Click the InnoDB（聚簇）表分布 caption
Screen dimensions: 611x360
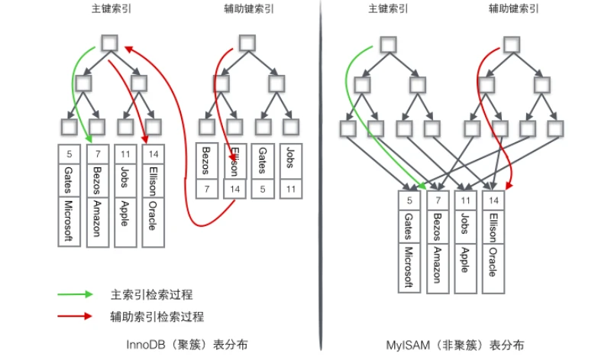click(x=186, y=345)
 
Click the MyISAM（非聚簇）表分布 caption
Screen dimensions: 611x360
click(x=454, y=345)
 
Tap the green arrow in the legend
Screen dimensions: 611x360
click(x=75, y=294)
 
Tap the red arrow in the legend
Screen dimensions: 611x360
click(x=75, y=316)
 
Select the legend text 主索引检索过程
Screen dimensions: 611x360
click(x=151, y=294)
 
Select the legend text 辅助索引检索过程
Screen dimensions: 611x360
click(x=157, y=316)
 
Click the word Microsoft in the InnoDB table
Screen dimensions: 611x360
click(x=69, y=221)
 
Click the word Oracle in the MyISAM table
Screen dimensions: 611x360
click(x=493, y=261)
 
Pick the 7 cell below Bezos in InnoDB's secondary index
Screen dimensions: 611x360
click(x=206, y=189)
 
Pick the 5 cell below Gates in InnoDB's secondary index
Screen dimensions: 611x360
click(x=263, y=189)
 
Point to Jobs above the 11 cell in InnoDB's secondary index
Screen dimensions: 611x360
click(x=291, y=157)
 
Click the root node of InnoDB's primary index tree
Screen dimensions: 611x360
click(x=109, y=43)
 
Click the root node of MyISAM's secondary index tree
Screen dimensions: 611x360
click(x=512, y=44)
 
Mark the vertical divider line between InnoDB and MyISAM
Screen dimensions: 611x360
click(x=322, y=176)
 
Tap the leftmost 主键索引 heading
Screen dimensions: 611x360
click(x=112, y=8)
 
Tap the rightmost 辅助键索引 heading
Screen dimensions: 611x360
click(x=513, y=8)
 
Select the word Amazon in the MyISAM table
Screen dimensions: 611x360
click(x=438, y=265)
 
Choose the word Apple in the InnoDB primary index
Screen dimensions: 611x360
click(x=124, y=213)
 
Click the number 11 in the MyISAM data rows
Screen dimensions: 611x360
click(x=466, y=200)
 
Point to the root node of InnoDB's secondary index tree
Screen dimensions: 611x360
click(x=247, y=43)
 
